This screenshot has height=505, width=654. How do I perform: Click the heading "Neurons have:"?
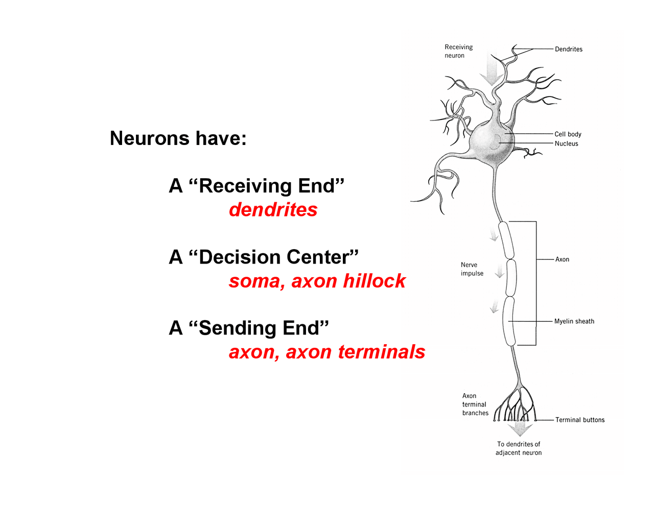tap(178, 138)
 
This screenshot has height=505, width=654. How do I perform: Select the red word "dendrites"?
tap(273, 210)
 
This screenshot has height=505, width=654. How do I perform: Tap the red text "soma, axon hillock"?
tap(317, 281)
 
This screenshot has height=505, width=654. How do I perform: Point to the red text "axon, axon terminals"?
tap(326, 352)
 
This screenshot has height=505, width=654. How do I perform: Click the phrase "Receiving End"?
tap(266, 186)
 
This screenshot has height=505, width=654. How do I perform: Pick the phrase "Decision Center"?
tap(273, 257)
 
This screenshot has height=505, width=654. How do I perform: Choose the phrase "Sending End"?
tap(259, 328)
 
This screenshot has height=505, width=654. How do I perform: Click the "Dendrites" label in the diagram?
tap(568, 49)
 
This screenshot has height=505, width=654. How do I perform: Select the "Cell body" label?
tap(568, 134)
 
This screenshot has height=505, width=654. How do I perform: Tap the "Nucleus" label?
tap(566, 143)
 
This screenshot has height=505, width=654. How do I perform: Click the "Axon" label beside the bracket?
tap(562, 259)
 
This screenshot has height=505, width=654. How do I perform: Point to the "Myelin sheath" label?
tap(574, 321)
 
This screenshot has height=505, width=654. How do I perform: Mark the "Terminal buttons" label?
tap(579, 420)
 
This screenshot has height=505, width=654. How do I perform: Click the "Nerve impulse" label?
tap(472, 269)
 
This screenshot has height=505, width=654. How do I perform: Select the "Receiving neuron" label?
tap(458, 51)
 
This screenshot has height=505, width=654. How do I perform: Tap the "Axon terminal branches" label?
tap(475, 404)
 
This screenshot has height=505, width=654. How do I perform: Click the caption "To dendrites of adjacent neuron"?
tap(518, 448)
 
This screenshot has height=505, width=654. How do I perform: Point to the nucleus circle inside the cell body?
tap(494, 142)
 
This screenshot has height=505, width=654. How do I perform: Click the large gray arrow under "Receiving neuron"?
tap(492, 71)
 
